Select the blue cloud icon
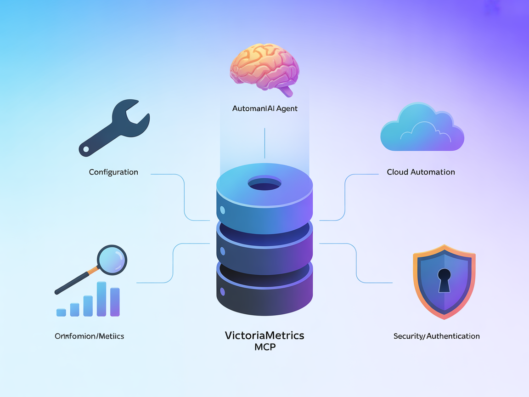(422, 129)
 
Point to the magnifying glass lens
(112, 259)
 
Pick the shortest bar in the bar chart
(61, 312)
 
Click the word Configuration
(113, 172)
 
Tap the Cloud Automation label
(421, 172)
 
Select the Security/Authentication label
(436, 336)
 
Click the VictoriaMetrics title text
(264, 335)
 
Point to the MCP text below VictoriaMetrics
(264, 347)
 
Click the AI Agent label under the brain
(265, 109)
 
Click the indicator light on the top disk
(223, 210)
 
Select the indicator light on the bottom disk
(223, 291)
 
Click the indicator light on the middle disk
(223, 251)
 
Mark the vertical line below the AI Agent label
(265, 143)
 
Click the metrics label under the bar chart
(90, 336)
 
